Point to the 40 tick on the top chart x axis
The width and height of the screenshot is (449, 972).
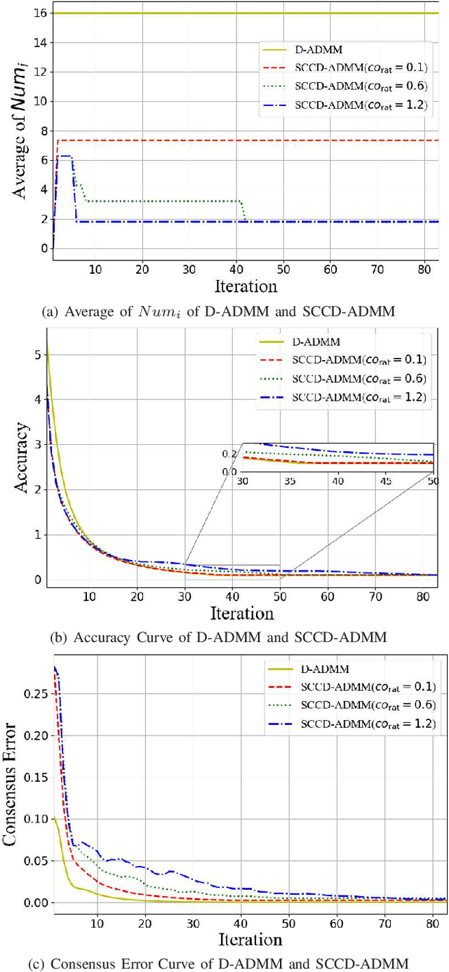[236, 269]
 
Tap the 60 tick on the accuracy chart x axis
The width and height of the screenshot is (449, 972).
[328, 596]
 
